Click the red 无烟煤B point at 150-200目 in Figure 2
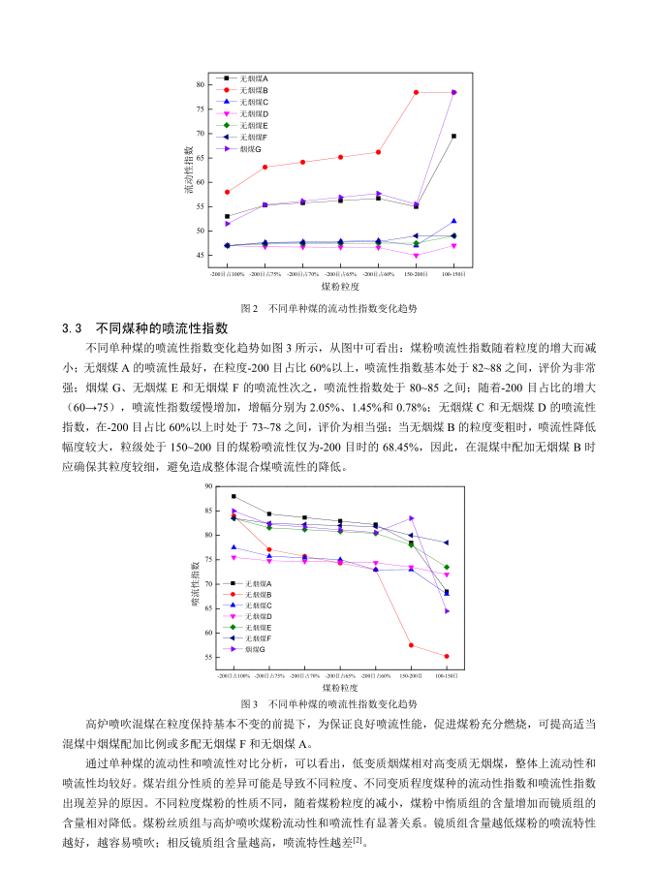point(416,92)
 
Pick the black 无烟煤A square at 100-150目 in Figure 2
point(453,136)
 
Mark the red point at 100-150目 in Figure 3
point(447,656)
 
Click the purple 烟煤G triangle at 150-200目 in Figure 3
point(411,518)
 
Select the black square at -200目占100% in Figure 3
point(234,496)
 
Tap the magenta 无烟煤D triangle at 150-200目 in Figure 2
point(416,256)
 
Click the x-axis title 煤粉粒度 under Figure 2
point(340,288)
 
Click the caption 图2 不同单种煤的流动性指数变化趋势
point(327,307)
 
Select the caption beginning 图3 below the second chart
point(327,703)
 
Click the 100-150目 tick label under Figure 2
point(452,274)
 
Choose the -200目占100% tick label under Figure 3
point(234,674)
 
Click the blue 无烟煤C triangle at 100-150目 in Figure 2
point(453,221)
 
